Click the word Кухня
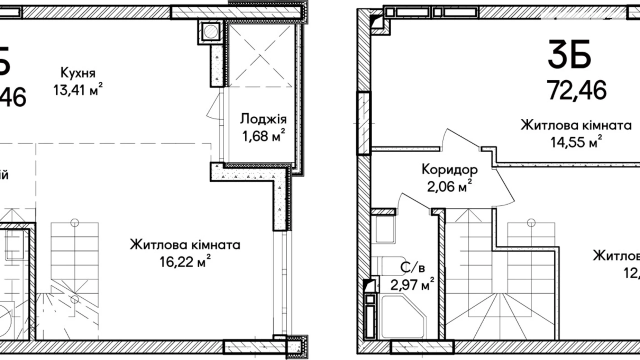[x=78, y=73]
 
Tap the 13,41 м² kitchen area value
[x=78, y=90]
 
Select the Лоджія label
[x=263, y=119]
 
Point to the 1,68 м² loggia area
[x=263, y=136]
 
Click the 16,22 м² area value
[x=185, y=261]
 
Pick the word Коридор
[x=449, y=170]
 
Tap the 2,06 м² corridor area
[x=449, y=187]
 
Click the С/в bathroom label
[x=412, y=268]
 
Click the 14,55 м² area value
[x=576, y=142]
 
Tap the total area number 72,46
[x=577, y=90]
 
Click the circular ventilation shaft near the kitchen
[x=210, y=32]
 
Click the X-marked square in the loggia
[x=261, y=55]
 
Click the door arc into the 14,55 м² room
[x=460, y=138]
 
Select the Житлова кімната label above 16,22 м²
[x=185, y=245]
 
